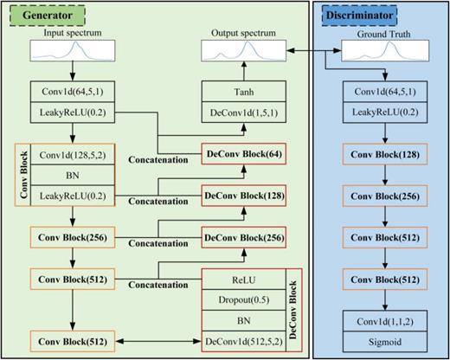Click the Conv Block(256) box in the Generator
point(61,237)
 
